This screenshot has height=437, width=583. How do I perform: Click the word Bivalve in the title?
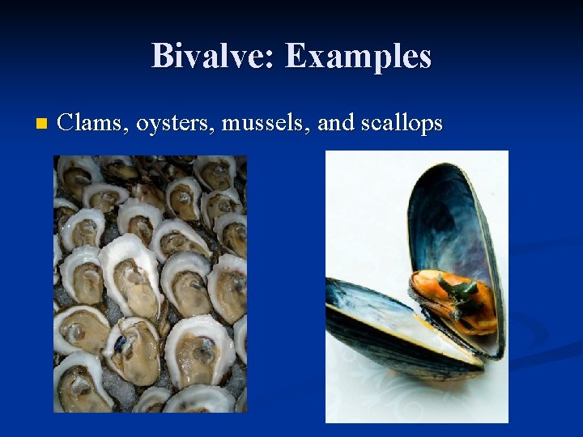pos(209,57)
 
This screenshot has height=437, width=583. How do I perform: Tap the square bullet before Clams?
pos(41,124)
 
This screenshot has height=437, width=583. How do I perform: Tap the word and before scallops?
pos(334,123)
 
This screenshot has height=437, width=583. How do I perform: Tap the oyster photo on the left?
pos(150,283)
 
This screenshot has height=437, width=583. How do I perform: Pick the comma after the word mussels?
pos(310,129)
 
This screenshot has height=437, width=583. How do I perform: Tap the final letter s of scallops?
pos(438,125)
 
